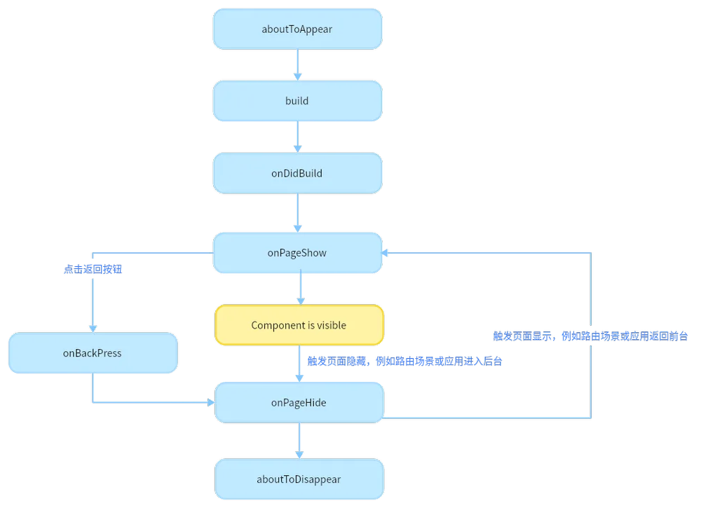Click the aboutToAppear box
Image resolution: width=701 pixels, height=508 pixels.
coord(297,29)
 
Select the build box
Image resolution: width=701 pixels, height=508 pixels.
coord(297,101)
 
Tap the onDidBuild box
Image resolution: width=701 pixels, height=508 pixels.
coord(297,173)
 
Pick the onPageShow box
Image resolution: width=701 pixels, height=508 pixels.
coord(297,253)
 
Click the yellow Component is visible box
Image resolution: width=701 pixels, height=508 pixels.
coord(299,325)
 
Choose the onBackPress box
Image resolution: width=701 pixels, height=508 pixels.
coord(93,353)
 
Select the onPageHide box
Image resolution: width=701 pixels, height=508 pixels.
coord(299,403)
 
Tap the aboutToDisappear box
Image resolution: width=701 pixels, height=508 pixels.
coord(299,479)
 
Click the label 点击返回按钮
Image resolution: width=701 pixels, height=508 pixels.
coord(93,269)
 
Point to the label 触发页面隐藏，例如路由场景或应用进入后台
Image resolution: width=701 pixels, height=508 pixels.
coord(404,361)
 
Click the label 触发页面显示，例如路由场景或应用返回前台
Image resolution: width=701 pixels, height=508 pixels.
coord(590,336)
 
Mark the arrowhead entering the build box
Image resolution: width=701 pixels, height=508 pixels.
coord(298,77)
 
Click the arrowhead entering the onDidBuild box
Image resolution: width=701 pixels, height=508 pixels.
coord(298,149)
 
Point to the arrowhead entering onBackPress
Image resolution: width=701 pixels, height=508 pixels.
coord(93,329)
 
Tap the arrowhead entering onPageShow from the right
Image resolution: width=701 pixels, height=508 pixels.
coord(384,253)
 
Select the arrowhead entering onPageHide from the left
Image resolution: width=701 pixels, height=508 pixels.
coord(211,403)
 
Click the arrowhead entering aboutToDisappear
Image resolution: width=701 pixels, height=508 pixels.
coord(299,455)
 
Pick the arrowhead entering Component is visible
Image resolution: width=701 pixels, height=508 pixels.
coord(301,301)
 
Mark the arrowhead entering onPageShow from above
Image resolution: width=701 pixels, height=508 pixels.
coord(298,228)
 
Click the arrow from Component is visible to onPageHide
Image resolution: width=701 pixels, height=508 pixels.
coord(299,364)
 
